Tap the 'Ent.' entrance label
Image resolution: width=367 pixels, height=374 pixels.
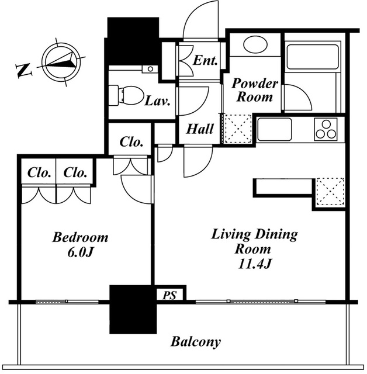(205, 60)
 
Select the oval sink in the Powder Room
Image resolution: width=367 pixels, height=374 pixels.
(255, 44)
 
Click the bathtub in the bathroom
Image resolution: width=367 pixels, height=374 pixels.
(313, 57)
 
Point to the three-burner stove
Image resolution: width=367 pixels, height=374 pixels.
(326, 129)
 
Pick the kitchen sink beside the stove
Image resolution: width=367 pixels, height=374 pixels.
(274, 129)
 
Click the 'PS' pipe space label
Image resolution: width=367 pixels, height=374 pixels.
(169, 295)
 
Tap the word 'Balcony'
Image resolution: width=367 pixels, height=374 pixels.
(196, 341)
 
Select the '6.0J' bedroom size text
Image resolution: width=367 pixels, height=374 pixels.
(79, 252)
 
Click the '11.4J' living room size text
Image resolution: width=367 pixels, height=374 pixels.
(254, 264)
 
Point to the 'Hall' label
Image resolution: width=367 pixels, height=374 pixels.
(200, 129)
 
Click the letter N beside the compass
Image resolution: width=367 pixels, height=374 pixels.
(23, 70)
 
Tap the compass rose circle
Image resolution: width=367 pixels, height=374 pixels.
(61, 62)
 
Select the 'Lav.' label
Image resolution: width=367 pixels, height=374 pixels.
(158, 101)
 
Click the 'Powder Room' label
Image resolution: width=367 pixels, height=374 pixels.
(255, 90)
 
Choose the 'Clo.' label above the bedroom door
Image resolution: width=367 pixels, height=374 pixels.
(131, 142)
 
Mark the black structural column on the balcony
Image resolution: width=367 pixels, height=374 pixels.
(133, 309)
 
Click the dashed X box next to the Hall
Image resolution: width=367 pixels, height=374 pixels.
(237, 129)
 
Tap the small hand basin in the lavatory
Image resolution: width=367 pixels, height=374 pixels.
(150, 69)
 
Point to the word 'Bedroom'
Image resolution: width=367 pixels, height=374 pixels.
(80, 237)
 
